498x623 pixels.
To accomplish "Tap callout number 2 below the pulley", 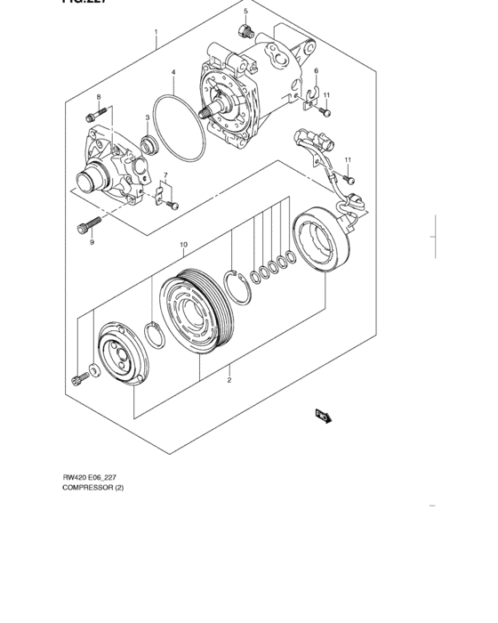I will pyautogui.click(x=229, y=380).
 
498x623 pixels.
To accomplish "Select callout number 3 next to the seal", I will pyautogui.click(x=148, y=117).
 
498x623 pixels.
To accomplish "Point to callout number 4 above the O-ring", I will pyautogui.click(x=173, y=72).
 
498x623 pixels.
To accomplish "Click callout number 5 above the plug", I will pyautogui.click(x=245, y=11).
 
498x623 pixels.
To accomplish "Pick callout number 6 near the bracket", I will pyautogui.click(x=316, y=71).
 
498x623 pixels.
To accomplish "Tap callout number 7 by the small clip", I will pyautogui.click(x=165, y=175).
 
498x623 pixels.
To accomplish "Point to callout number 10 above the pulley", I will pyautogui.click(x=183, y=244).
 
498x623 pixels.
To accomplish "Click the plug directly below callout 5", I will pyautogui.click(x=245, y=33).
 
